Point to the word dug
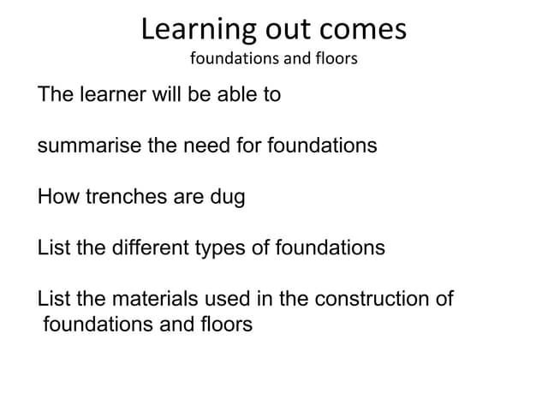(227, 198)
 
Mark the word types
(222, 249)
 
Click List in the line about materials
(54, 300)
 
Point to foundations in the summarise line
(323, 146)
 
